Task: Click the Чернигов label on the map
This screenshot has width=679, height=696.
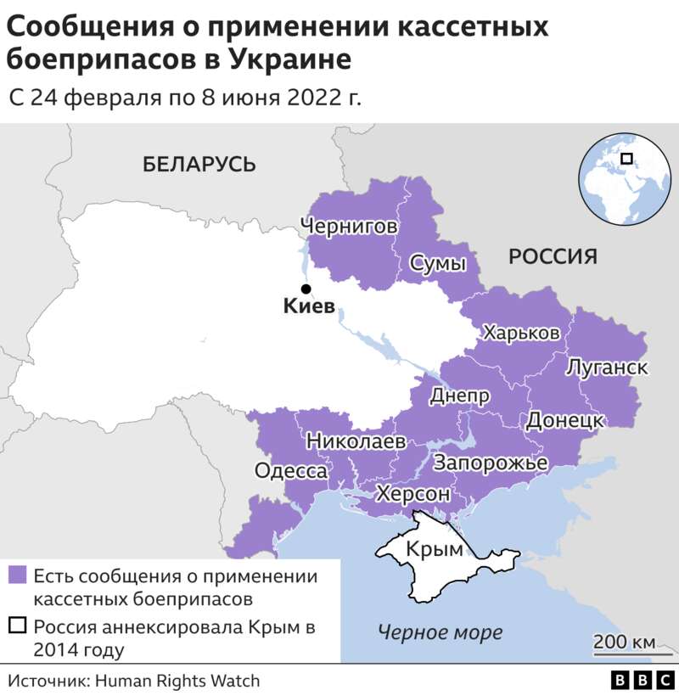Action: coord(348,227)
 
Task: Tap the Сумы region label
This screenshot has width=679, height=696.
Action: coord(438,264)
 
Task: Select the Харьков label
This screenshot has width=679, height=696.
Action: coord(521,333)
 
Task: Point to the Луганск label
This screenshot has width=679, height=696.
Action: coord(607,368)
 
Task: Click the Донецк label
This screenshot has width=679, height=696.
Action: coord(565,420)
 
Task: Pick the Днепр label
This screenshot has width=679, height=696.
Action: coord(459,396)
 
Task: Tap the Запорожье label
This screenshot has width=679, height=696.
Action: coord(491,463)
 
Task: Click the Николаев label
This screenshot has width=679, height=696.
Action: coord(356,441)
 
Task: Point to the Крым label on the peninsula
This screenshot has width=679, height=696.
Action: coord(435,549)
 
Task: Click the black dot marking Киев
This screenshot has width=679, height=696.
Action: coord(306,289)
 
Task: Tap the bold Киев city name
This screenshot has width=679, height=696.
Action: coord(307,308)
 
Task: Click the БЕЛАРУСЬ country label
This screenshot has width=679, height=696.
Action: coord(199,165)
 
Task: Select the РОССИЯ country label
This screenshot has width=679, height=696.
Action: coord(553,256)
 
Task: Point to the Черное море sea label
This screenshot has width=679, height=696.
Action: coord(440,632)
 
